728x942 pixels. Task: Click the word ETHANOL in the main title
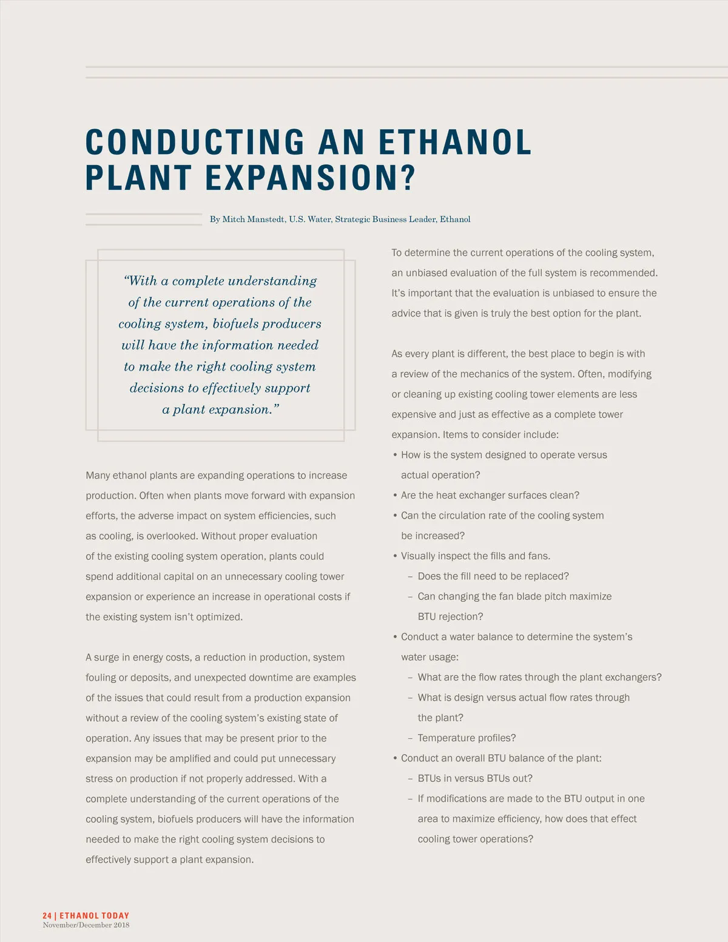coord(455,142)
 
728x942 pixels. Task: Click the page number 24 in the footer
coord(47,915)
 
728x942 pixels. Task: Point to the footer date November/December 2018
coord(86,925)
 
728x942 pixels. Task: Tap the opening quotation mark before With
coord(126,281)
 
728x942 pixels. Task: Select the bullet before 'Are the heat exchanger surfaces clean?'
coord(395,496)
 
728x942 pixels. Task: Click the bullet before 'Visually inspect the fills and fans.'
coord(395,556)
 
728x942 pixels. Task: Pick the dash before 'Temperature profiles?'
coord(411,738)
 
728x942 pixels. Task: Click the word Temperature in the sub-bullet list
coord(445,738)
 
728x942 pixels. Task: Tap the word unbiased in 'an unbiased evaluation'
coord(429,273)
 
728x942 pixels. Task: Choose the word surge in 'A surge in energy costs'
coord(107,658)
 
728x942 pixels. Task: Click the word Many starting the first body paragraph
coord(98,476)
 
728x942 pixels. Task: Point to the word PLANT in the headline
coord(138,178)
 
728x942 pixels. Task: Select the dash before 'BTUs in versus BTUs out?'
coord(411,779)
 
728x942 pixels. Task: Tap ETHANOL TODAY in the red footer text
coord(95,915)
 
